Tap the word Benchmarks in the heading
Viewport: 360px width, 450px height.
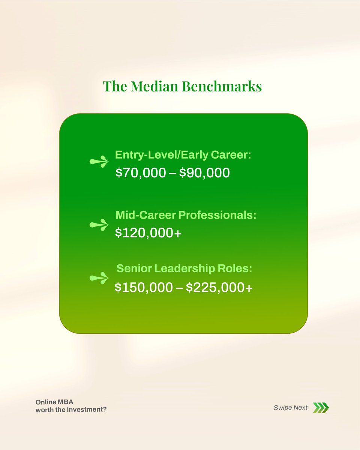coord(222,86)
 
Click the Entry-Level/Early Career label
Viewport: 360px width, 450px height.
coord(183,155)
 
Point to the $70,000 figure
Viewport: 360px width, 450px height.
coord(140,172)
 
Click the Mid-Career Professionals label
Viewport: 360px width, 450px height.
coord(186,215)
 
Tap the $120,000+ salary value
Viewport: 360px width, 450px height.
coord(148,233)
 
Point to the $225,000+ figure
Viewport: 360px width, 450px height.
coord(219,287)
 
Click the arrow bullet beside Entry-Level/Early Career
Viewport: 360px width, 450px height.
coord(99,162)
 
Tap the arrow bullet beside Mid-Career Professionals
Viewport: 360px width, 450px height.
coord(99,225)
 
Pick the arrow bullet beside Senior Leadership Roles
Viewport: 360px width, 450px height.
coord(99,278)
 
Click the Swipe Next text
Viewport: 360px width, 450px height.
coord(291,408)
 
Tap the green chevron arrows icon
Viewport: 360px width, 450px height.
coord(321,408)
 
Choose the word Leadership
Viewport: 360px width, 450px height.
coord(191,268)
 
